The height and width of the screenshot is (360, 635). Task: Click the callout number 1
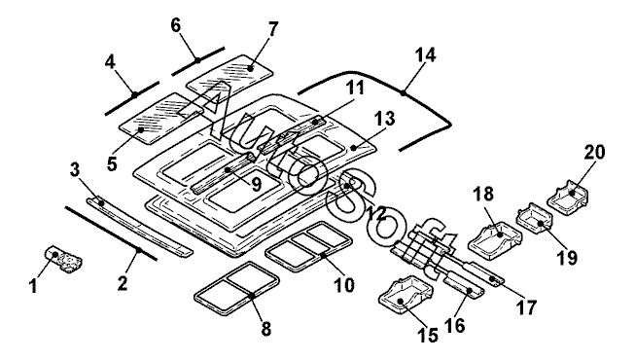pos(33,286)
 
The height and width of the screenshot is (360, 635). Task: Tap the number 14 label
pos(425,55)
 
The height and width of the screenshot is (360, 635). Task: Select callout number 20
pos(594,153)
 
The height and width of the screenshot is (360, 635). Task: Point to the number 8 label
pos(266,329)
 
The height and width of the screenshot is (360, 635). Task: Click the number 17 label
pos(526,307)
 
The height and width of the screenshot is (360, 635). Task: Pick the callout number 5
pos(112,164)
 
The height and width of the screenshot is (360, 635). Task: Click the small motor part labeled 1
pos(63,258)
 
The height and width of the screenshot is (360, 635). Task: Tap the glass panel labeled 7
pos(229,73)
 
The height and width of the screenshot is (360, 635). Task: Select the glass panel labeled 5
pos(160,118)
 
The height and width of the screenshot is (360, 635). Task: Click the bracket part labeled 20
pos(569,198)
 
